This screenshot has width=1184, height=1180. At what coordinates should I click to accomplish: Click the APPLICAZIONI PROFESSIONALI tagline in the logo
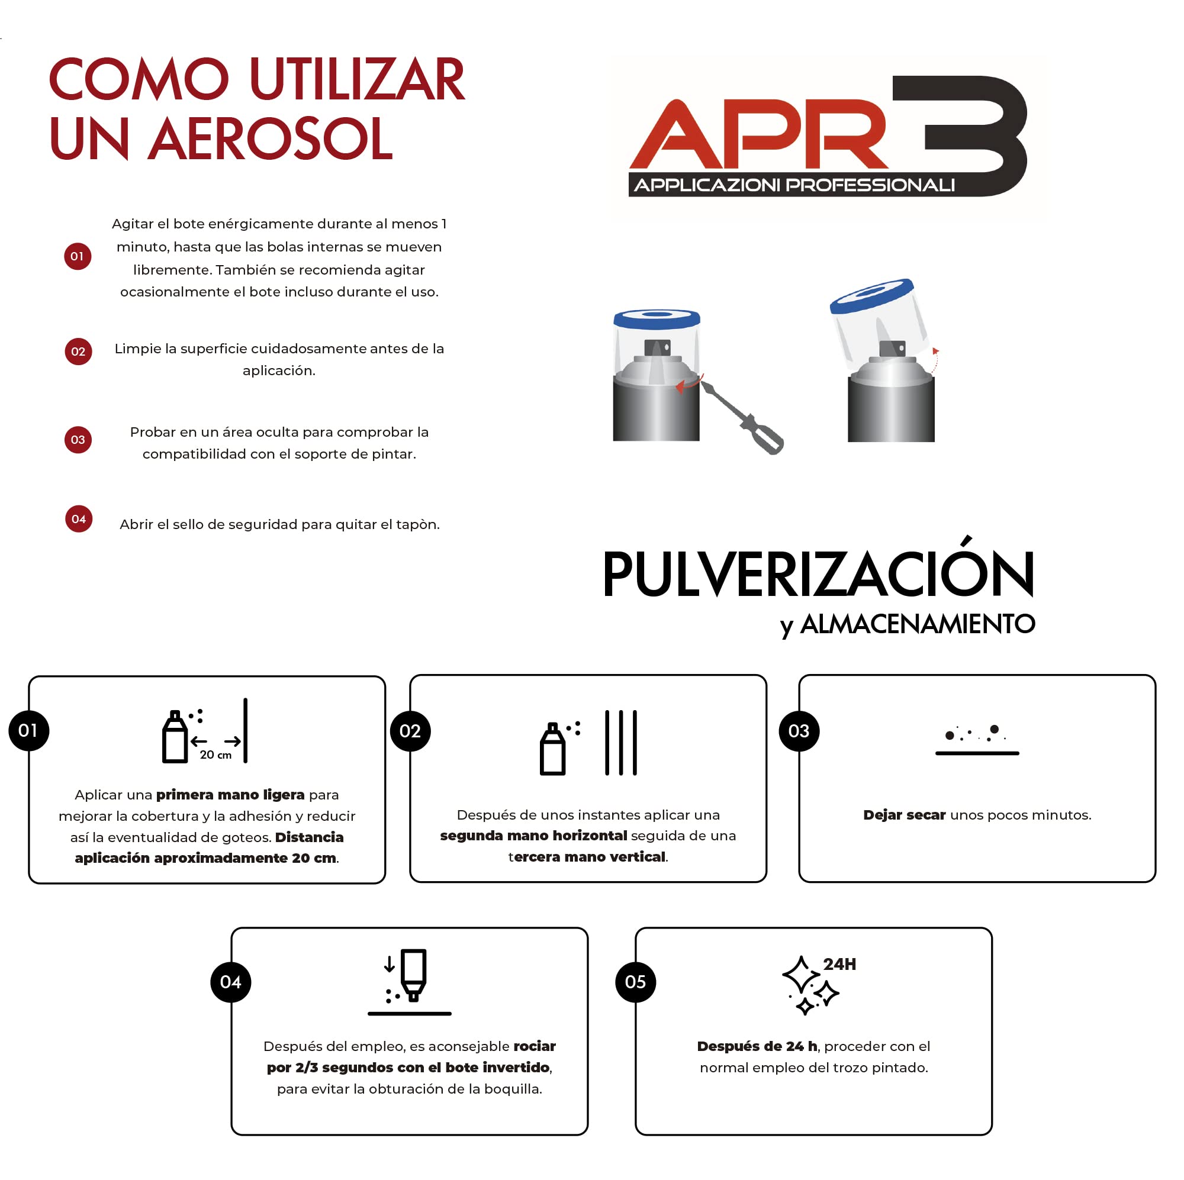click(794, 185)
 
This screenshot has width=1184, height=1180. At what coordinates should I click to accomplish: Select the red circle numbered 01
click(78, 256)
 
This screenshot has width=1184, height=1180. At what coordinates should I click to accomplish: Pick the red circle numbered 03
click(78, 440)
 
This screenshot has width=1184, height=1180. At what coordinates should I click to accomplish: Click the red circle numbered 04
click(79, 519)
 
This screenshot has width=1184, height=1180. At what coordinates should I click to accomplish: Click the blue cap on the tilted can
click(871, 294)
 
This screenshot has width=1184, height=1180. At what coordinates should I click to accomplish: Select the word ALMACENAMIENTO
click(918, 624)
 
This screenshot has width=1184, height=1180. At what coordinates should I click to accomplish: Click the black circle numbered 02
click(410, 731)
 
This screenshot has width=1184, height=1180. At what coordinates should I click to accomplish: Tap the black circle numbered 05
click(635, 982)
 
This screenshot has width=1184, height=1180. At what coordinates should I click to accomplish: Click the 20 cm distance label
click(215, 755)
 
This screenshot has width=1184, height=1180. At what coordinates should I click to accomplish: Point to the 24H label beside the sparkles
click(839, 965)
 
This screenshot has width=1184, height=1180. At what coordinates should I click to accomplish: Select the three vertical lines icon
click(621, 743)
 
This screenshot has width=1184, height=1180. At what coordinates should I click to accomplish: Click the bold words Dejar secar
click(904, 815)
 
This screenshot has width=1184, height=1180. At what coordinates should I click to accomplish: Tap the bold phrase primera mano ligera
click(230, 795)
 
